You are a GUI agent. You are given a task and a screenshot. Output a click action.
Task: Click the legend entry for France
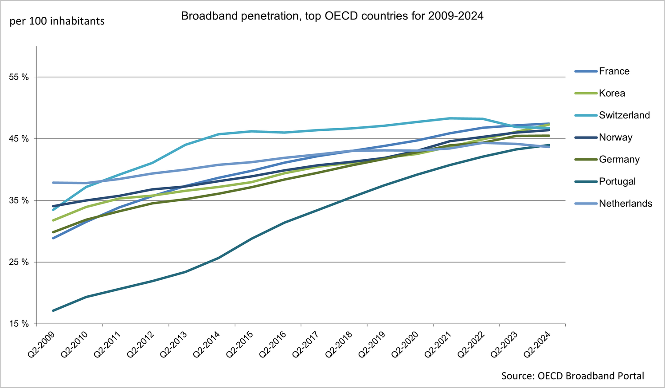614,71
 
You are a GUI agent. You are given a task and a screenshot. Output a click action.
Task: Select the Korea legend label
612,93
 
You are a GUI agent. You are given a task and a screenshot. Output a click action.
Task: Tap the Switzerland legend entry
624,115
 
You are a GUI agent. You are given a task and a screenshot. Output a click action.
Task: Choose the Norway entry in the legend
615,137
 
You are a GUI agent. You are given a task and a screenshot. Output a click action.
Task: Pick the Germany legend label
619,160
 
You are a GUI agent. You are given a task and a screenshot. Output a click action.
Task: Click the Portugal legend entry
617,181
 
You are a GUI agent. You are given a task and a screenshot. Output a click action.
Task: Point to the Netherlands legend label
626,204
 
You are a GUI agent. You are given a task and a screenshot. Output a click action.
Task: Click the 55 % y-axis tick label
19,77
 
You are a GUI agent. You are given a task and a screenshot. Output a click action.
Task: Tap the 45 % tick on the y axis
19,139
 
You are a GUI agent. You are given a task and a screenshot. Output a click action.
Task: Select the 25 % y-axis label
19,262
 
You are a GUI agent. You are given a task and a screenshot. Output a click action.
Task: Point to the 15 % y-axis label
19,324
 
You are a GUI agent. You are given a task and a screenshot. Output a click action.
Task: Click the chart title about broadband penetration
332,16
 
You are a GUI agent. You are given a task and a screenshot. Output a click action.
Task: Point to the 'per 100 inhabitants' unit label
57,21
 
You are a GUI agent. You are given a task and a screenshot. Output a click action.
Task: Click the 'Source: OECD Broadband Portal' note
572,376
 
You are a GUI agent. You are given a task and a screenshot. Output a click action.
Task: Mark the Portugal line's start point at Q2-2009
53,310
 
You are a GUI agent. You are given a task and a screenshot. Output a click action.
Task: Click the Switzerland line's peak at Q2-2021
450,118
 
